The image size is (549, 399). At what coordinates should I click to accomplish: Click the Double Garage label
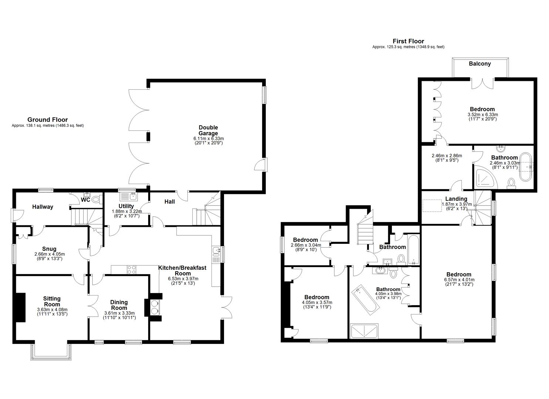(x=208, y=130)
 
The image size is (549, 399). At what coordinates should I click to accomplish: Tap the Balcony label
(x=479, y=64)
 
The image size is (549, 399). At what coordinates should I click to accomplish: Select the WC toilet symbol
(x=96, y=199)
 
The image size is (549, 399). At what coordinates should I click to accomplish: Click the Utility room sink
(x=128, y=196)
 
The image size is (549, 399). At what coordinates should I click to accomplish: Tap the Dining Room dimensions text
(x=119, y=315)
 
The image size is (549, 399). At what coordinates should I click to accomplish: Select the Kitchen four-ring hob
(x=131, y=270)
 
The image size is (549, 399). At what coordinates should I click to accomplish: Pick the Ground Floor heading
(x=47, y=120)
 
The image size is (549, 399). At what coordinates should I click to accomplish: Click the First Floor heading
(x=408, y=41)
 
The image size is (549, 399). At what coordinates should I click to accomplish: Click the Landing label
(x=456, y=199)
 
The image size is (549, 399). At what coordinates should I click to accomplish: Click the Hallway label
(x=43, y=207)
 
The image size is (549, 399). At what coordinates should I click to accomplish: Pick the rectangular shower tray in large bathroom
(x=364, y=331)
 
